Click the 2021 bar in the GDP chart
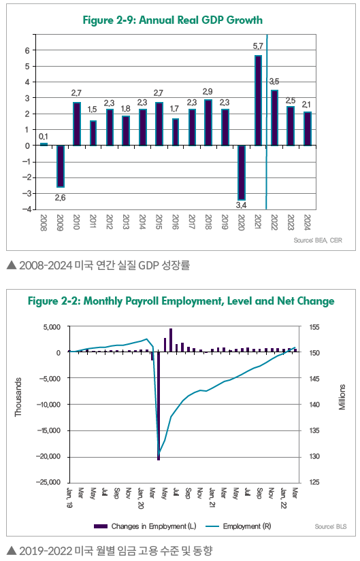(x=258, y=101)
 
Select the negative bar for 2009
(x=60, y=167)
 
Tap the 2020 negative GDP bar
(x=242, y=173)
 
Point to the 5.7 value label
(x=258, y=46)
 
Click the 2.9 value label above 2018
(x=208, y=92)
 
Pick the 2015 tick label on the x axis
(x=159, y=222)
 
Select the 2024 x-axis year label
(x=307, y=222)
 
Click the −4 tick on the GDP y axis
(x=27, y=209)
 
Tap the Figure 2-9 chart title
(x=173, y=20)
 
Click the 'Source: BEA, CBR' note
(x=318, y=241)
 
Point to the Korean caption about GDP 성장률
(x=99, y=266)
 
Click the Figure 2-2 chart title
(x=181, y=301)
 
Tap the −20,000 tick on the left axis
(x=48, y=456)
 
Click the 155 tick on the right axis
(x=314, y=327)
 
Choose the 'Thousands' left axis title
(x=18, y=397)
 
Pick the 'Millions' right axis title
(x=342, y=397)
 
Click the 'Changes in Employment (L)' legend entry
(x=145, y=526)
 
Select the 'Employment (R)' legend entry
(x=239, y=526)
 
